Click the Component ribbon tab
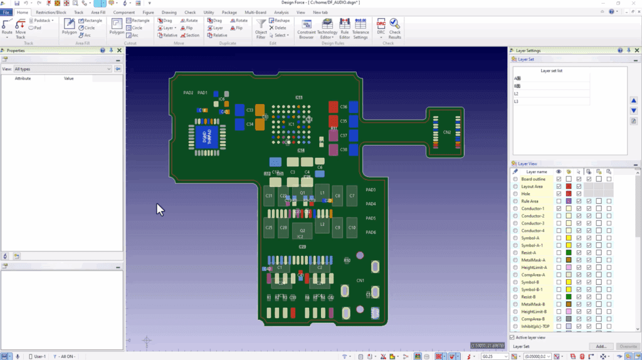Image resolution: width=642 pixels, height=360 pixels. pyautogui.click(x=124, y=12)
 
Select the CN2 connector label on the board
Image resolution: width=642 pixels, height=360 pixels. pyautogui.click(x=446, y=132)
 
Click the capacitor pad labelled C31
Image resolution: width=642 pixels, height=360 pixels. pyautogui.click(x=269, y=196)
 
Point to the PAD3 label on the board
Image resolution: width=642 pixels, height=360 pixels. pyautogui.click(x=371, y=189)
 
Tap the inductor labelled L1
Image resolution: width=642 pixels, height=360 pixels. pyautogui.click(x=322, y=193)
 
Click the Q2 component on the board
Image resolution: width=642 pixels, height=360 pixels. pyautogui.click(x=302, y=230)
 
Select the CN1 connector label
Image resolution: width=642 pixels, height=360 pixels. pyautogui.click(x=360, y=280)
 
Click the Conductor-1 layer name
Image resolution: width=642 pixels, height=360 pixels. pyautogui.click(x=534, y=208)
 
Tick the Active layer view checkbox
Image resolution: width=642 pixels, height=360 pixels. pyautogui.click(x=513, y=337)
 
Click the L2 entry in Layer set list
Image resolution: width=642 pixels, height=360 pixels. pyautogui.click(x=517, y=93)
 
